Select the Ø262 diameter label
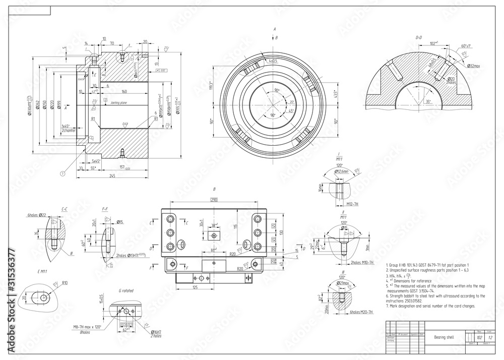(x=37, y=108)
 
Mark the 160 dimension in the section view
(x=123, y=92)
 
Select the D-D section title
(x=418, y=37)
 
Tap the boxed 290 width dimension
(x=214, y=201)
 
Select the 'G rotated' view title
(x=126, y=291)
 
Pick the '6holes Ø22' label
(x=37, y=215)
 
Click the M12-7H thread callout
(x=356, y=204)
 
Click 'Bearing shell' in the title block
(x=437, y=337)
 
